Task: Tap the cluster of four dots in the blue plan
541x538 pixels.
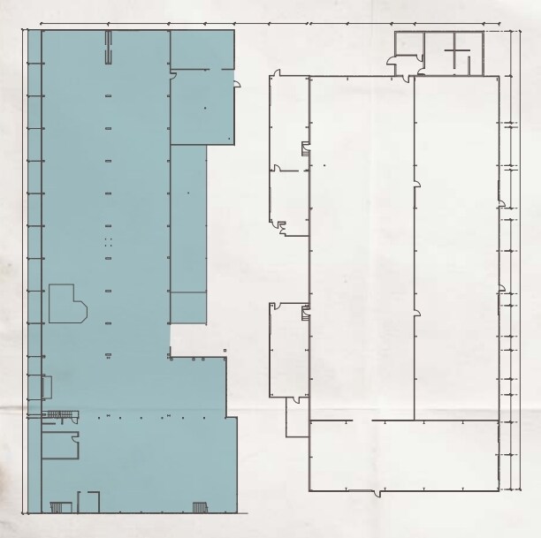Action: [x=109, y=240]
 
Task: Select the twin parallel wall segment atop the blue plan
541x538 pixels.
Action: [x=108, y=47]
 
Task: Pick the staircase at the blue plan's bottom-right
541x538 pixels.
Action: [x=201, y=507]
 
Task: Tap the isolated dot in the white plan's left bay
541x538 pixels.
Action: [x=324, y=165]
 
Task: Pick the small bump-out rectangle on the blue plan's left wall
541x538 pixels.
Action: [x=47, y=387]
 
